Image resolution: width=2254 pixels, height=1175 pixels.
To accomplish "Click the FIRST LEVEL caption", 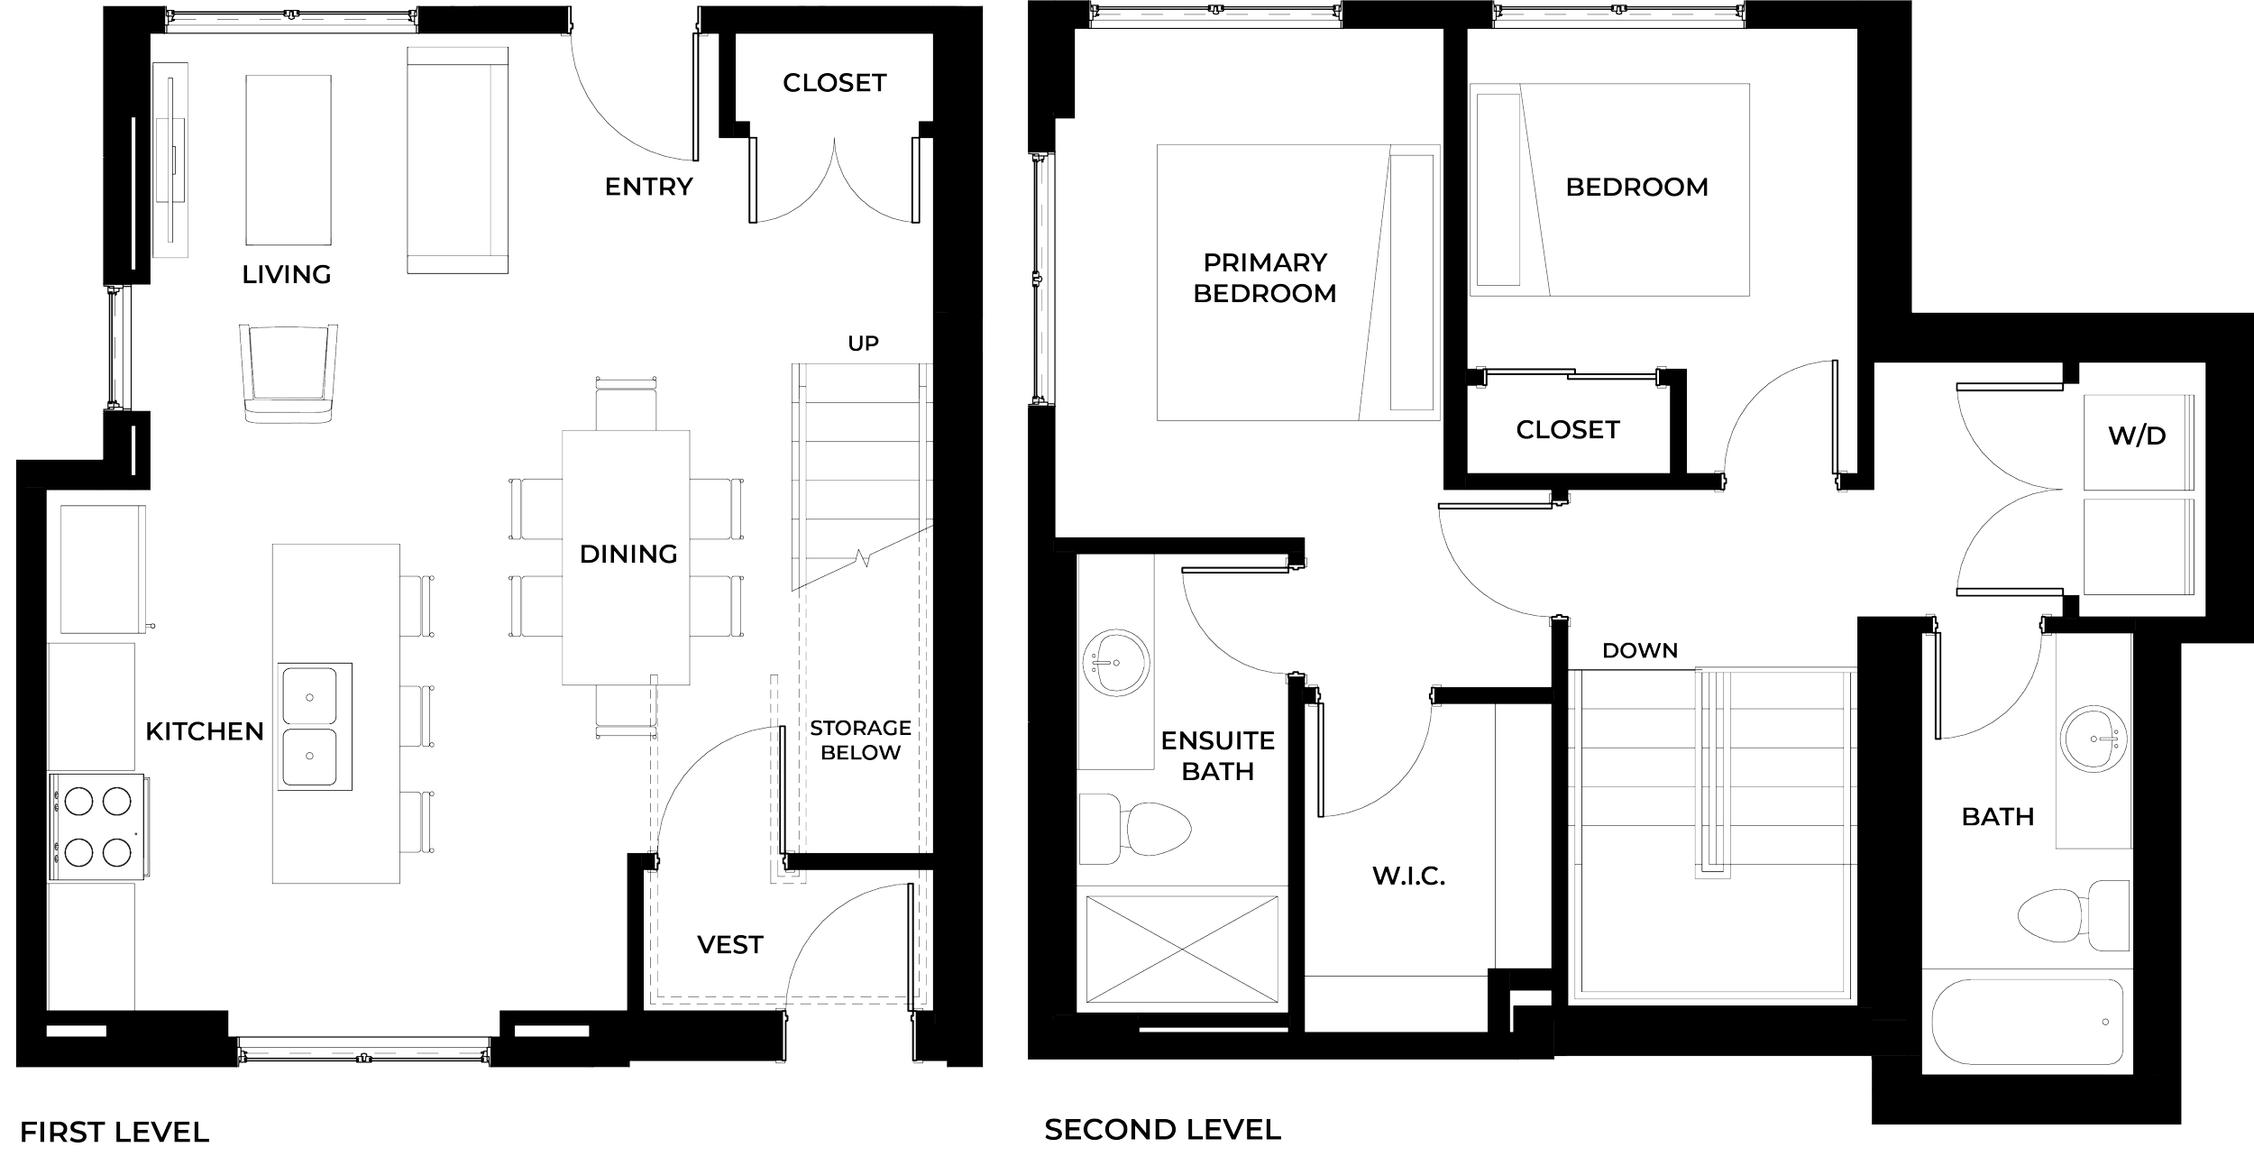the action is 115,1132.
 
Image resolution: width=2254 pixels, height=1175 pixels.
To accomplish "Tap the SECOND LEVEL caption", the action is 1163,1129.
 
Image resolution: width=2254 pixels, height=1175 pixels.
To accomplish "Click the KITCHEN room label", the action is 206,731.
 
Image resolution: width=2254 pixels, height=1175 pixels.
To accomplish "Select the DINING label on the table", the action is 628,554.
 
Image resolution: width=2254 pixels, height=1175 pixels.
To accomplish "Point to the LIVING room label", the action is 288,273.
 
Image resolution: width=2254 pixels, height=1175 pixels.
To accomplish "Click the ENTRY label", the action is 648,187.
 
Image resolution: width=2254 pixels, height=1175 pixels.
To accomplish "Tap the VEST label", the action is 730,945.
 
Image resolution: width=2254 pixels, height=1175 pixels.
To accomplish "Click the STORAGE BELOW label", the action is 859,740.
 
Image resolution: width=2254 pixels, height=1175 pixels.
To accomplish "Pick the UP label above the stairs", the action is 863,343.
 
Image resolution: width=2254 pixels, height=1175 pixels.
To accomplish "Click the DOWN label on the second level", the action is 1639,650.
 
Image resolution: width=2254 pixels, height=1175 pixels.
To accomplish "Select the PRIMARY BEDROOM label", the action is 1265,278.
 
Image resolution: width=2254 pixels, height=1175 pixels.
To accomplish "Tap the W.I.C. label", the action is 1408,876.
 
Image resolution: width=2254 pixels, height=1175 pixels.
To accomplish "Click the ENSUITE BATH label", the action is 1219,756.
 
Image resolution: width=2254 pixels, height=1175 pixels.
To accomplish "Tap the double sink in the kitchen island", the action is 312,727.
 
